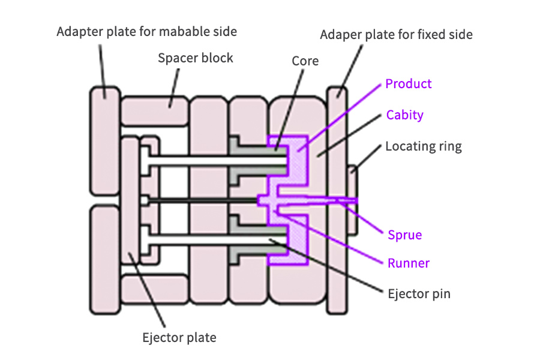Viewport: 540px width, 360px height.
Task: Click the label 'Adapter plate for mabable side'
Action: (x=146, y=31)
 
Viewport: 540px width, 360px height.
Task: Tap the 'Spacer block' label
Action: (x=196, y=58)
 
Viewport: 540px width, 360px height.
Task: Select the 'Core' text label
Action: (x=305, y=61)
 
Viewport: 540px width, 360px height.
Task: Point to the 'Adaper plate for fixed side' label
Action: (x=397, y=34)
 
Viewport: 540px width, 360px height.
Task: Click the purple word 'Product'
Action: (x=409, y=83)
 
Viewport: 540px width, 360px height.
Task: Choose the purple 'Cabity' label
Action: (x=405, y=115)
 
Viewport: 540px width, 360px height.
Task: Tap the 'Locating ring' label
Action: (x=424, y=146)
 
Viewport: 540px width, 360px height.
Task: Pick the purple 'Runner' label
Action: (x=409, y=263)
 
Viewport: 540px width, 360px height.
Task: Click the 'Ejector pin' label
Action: (x=418, y=294)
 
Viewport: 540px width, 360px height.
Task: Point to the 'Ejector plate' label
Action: (x=179, y=337)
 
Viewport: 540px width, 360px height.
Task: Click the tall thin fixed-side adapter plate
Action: (x=337, y=198)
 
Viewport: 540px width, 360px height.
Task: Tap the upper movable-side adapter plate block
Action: (x=105, y=144)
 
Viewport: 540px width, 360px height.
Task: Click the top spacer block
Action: (x=155, y=110)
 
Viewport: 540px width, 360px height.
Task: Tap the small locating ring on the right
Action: (x=353, y=200)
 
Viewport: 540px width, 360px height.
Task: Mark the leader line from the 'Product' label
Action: (x=342, y=114)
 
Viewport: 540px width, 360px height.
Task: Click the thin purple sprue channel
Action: (x=324, y=199)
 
